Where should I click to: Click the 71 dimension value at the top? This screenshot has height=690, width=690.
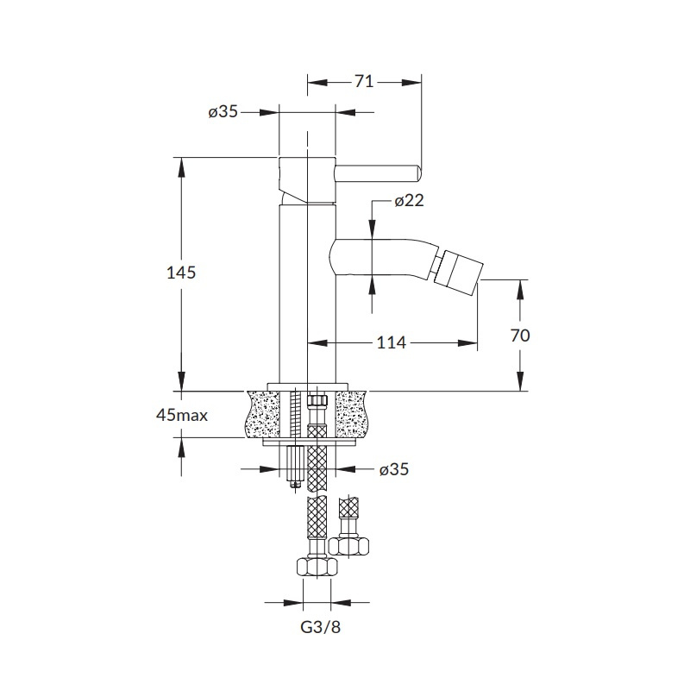(x=364, y=82)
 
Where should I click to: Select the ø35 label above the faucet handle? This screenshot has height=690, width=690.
(x=223, y=112)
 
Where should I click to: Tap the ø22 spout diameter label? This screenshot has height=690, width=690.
(x=409, y=201)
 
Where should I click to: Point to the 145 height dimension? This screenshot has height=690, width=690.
(x=181, y=273)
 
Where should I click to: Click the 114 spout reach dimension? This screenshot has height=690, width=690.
(x=392, y=342)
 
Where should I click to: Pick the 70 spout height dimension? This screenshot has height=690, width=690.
(x=520, y=336)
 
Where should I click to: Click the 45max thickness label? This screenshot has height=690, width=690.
(x=182, y=415)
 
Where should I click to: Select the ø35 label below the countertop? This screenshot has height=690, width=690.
(x=394, y=469)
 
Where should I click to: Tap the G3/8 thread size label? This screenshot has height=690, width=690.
(x=320, y=627)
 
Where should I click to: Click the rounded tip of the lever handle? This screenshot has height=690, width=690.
(x=418, y=172)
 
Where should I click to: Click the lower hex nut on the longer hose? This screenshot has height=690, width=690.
(x=317, y=568)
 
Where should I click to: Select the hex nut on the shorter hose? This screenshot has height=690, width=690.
(x=348, y=546)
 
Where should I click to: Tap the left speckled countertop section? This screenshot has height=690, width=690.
(x=263, y=415)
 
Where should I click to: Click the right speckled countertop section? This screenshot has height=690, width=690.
(x=350, y=415)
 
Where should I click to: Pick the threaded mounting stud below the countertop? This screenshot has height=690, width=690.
(x=294, y=467)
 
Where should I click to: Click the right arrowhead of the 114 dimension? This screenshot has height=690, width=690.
(x=467, y=342)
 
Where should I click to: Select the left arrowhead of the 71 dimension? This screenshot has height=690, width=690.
(x=317, y=82)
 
